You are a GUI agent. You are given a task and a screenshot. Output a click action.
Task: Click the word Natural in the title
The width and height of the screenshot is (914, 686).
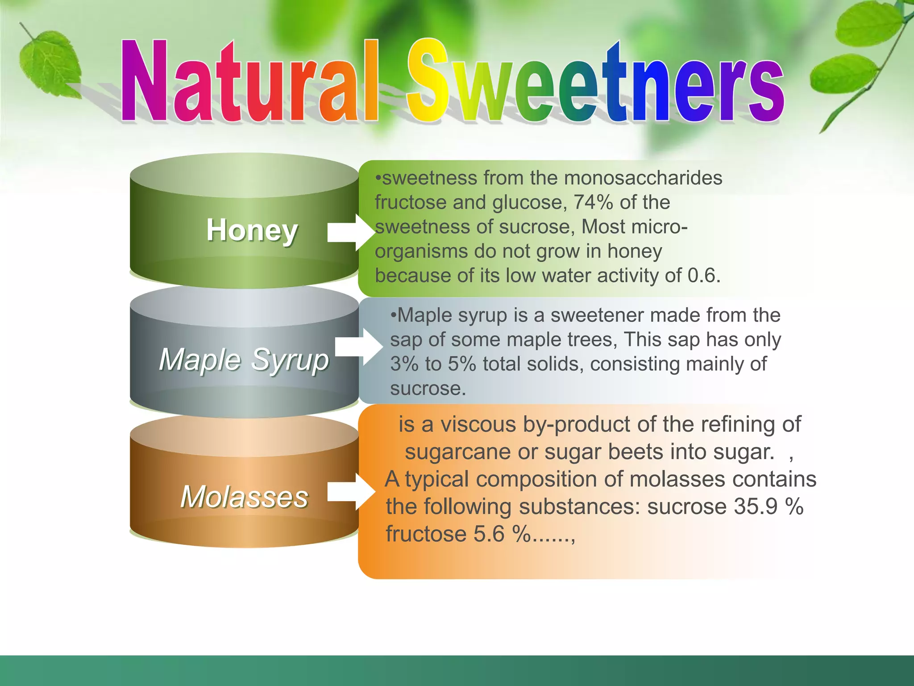(250, 83)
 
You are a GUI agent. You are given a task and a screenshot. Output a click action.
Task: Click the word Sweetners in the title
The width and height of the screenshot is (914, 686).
(596, 83)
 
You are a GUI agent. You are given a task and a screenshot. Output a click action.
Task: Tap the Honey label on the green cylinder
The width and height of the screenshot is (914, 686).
(252, 230)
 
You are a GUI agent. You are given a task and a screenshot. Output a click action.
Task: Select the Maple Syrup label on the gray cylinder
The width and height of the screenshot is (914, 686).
(244, 360)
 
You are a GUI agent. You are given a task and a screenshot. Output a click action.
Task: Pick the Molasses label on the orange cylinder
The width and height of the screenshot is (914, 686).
(245, 497)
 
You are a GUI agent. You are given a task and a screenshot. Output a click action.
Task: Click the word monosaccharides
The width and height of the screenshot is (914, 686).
(643, 178)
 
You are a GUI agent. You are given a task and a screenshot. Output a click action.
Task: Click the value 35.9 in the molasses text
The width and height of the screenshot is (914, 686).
(756, 507)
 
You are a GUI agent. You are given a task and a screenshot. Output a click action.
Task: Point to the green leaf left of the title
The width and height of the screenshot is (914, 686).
(50, 63)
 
